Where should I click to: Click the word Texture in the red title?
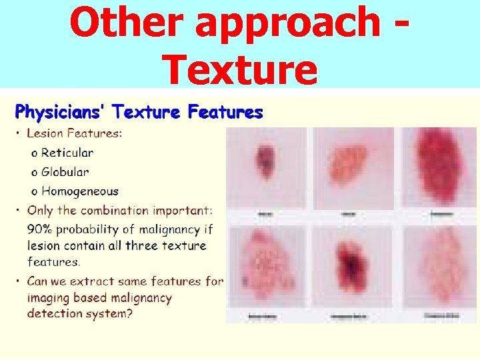240,69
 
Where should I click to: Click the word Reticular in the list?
67,153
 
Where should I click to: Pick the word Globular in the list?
65,172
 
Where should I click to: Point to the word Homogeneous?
80,191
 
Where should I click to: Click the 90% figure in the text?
41,229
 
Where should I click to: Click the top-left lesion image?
267,167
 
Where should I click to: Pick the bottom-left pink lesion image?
267,267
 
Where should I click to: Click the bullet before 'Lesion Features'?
18,133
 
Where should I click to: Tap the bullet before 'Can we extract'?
18,281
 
